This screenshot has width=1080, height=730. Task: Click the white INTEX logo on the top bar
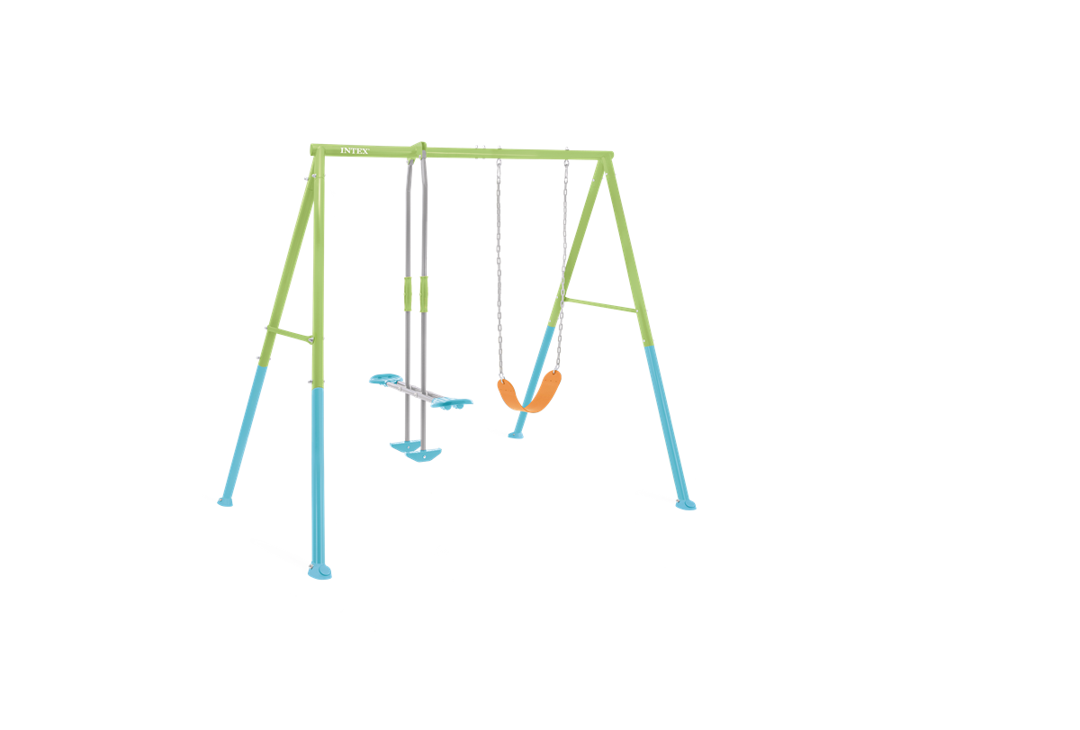point(355,151)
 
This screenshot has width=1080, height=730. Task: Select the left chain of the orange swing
point(499,269)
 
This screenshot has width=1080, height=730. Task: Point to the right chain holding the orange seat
point(562,266)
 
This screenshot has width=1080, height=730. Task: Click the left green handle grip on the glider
point(408,294)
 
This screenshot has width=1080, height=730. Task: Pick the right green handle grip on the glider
point(423,294)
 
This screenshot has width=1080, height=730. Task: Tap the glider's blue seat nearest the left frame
point(385,379)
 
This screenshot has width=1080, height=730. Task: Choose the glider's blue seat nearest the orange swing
point(452,403)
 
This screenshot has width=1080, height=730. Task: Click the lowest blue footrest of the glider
point(423,455)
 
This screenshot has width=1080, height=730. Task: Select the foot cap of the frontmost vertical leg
point(319,572)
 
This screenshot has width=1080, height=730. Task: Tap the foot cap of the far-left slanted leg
point(225,502)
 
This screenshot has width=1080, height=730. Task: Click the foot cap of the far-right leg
point(686,505)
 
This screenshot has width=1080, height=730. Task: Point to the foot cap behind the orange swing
point(516,436)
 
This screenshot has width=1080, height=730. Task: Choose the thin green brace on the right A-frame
point(600,305)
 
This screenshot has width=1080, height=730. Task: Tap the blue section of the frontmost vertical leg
point(318,477)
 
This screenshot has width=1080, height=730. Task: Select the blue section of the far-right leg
point(667,424)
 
